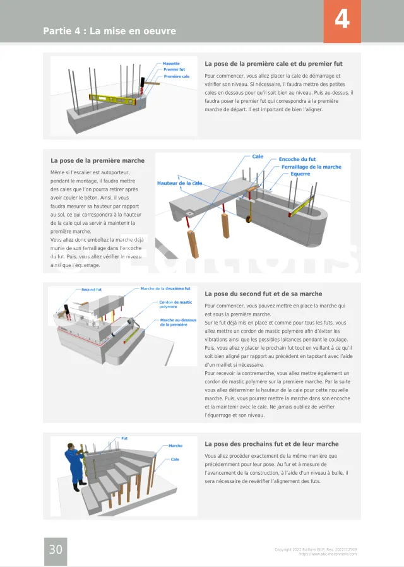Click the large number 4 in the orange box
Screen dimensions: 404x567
[342, 19]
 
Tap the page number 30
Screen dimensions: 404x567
[56, 549]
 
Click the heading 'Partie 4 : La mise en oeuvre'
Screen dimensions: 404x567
[109, 31]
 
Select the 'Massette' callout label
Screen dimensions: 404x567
[171, 64]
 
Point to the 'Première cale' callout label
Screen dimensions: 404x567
[176, 76]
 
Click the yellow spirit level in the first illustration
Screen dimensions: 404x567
[113, 98]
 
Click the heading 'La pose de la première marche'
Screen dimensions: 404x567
[98, 160]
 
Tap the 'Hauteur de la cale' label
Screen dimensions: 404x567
[180, 183]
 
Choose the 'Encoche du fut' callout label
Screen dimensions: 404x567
[297, 159]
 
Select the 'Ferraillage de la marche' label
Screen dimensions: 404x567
[311, 167]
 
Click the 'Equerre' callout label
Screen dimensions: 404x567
[300, 174]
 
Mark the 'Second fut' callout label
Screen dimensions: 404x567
[92, 290]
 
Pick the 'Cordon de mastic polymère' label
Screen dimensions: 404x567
[175, 304]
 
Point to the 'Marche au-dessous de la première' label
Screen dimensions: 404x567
[178, 322]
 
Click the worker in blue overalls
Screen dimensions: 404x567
[74, 467]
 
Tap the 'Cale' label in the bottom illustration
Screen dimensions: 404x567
[175, 459]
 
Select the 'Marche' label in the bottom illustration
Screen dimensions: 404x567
[175, 446]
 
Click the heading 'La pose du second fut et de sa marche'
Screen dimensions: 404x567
[263, 294]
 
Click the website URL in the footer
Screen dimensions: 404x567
[328, 554]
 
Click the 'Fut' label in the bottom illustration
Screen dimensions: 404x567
[124, 438]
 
